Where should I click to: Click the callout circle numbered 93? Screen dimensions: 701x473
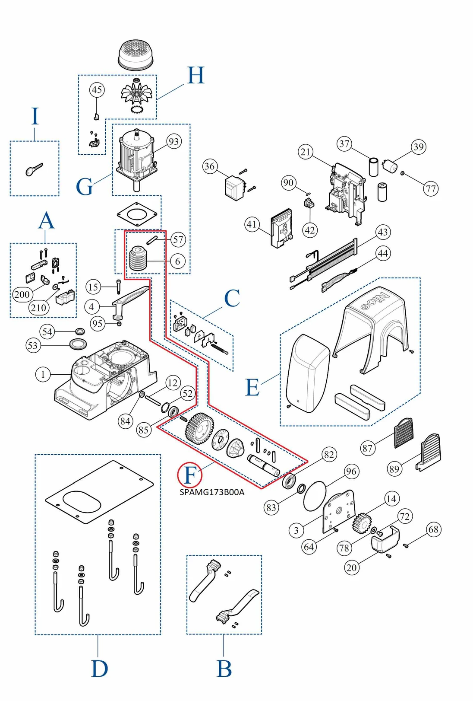pos(173,141)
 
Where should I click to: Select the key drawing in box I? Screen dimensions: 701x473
pos(34,169)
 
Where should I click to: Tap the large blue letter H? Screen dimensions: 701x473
pos(196,76)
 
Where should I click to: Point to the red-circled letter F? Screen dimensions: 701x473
pos(190,475)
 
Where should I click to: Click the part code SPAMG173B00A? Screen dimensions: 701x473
pos(212,492)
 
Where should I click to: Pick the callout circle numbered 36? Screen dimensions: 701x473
pos(210,166)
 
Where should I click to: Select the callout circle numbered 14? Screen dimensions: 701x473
pos(391,499)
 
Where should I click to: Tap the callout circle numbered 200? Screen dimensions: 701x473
pos(22,295)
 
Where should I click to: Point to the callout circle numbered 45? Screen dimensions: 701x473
pos(97,90)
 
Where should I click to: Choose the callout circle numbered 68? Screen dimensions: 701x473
pos(433,529)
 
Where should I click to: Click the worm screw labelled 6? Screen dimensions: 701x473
pos(138,259)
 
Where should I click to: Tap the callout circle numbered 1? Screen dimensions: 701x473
pos(43,374)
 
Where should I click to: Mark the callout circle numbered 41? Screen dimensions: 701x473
pos(252,224)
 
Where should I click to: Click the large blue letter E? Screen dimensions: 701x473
pos(252,387)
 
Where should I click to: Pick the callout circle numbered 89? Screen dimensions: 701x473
pos(394,469)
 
